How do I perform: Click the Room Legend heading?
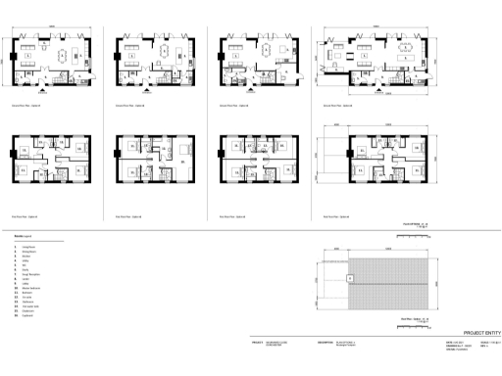coord(21,236)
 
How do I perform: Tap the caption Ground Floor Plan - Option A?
coord(28,101)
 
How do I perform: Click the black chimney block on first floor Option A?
coord(13,154)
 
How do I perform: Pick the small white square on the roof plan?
coord(350,279)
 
